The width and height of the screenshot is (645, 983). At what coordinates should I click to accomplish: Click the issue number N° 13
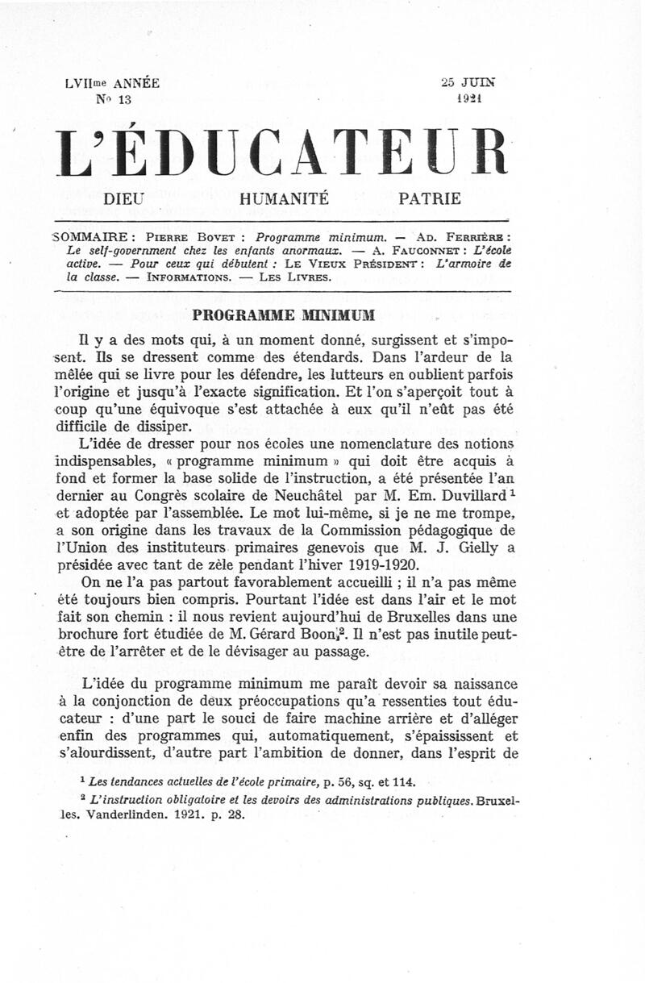[x=113, y=99]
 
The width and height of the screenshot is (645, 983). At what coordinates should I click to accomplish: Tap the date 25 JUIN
[x=468, y=82]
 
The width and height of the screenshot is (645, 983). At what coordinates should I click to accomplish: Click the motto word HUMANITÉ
[x=284, y=198]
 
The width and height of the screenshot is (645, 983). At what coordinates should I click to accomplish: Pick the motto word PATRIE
[x=430, y=198]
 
